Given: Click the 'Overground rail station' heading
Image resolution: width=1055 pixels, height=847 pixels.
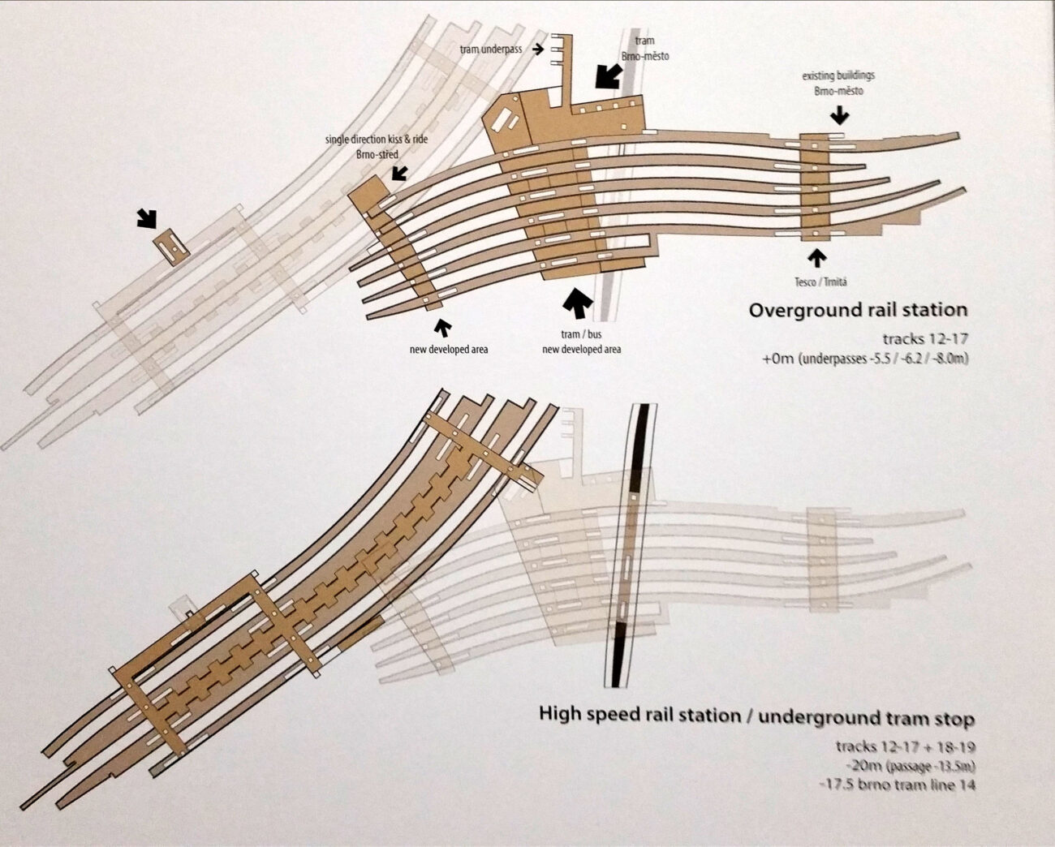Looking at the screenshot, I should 858,309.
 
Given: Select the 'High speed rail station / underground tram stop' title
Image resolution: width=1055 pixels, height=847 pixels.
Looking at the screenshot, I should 757,716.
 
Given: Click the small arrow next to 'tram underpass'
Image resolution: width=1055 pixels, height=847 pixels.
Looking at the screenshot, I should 537,49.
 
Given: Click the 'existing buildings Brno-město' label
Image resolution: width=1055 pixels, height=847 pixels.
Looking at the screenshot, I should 838,83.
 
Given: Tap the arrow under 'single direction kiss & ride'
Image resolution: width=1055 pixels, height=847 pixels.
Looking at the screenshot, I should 399,173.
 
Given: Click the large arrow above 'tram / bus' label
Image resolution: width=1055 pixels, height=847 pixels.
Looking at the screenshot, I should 579,304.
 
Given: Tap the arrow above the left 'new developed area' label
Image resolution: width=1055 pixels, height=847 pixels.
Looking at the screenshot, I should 442,329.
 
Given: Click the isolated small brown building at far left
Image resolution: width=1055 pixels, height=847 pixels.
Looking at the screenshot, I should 170,245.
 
